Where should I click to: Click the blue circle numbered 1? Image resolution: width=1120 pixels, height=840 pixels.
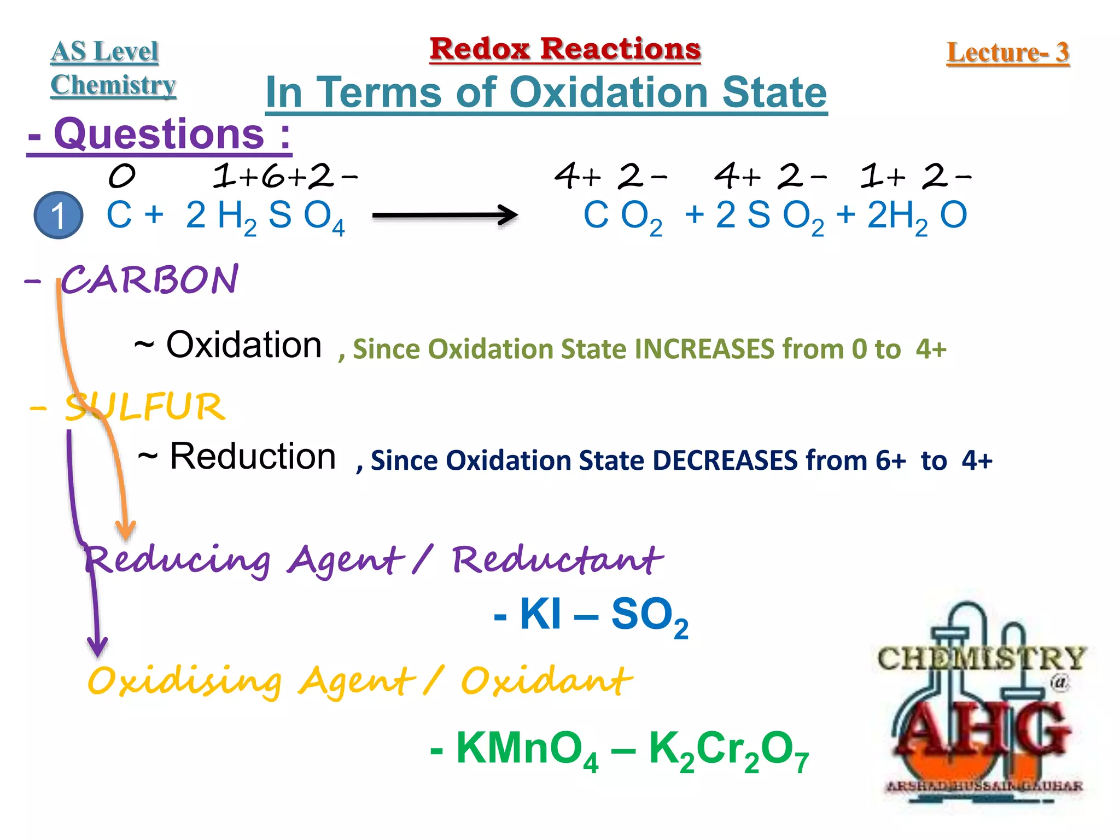tap(58, 215)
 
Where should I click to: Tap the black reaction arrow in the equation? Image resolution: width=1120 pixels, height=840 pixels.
tap(444, 215)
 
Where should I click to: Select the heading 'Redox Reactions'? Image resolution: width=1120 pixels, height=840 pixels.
tap(565, 49)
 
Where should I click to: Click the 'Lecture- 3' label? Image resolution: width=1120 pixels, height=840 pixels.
tap(1007, 53)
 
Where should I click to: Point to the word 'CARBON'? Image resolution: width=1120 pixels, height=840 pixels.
tap(149, 280)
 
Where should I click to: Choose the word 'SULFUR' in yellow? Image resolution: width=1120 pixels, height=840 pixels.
tap(144, 407)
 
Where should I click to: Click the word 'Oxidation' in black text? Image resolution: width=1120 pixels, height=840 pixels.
tap(244, 345)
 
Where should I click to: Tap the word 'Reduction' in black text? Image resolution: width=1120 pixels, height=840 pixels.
tap(253, 457)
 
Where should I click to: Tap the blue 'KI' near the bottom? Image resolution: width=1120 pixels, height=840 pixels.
tap(540, 614)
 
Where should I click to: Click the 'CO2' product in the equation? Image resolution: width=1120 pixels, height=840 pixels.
tap(622, 217)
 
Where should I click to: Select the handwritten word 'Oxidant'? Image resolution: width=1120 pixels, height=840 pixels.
tap(546, 681)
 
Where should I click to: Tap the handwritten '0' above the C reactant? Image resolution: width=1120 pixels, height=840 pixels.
tap(121, 176)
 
